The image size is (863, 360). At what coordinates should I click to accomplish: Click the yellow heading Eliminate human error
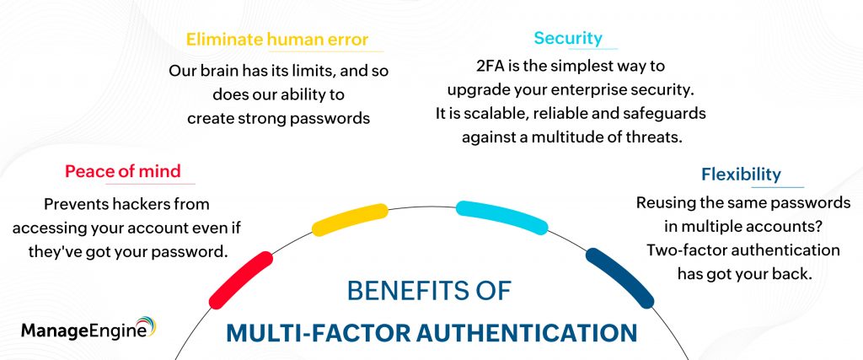pos(276,40)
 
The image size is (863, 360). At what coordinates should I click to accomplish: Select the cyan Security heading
pos(568,38)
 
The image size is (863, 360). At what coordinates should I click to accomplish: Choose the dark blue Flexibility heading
pos(741,175)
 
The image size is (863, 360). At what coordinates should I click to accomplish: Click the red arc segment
pos(241,280)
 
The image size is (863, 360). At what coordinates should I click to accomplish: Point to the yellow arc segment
pos(350,220)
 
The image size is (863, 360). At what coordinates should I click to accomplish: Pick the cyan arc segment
pos(502,218)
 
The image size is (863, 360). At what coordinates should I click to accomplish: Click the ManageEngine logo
pos(88,328)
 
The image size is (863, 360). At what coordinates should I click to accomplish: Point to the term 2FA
pos(490,66)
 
